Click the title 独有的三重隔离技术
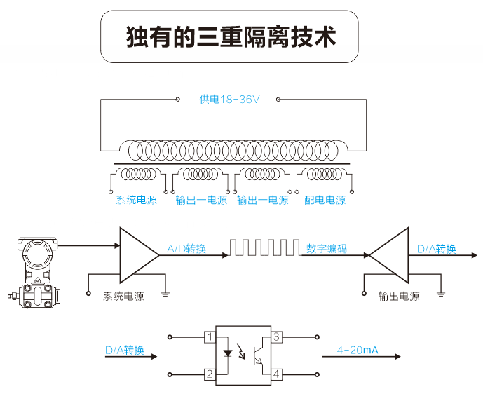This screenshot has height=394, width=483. coord(231,36)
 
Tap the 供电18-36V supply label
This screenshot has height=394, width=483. coord(229,100)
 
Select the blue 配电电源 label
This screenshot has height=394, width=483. coord(325,201)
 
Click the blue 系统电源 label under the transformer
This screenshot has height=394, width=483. coord(136,201)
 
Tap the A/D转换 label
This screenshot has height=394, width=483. coord(186,248)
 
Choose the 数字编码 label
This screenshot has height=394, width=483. coord(325,248)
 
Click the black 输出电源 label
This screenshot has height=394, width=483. coord(398,297)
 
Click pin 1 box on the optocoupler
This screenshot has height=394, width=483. coord(209,337)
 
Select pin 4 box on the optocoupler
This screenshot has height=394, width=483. coord(276,374)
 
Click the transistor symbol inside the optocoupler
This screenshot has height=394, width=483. coord(257,354)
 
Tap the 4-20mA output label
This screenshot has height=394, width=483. coord(358,350)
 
